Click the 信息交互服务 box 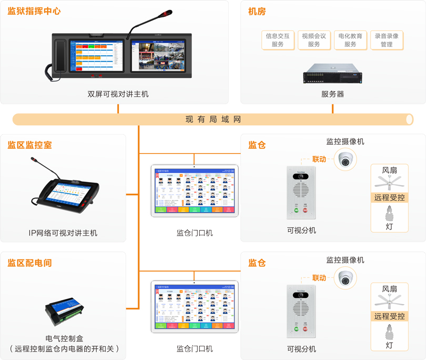click(278, 41)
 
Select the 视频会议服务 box click(314, 41)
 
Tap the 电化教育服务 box click(350, 41)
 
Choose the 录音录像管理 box click(387, 41)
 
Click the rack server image click(332, 74)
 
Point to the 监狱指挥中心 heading click(34, 11)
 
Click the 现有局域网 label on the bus click(213, 119)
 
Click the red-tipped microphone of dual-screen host click(168, 12)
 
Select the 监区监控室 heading click(29, 145)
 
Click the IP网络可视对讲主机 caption click(63, 233)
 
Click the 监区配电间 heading click(29, 262)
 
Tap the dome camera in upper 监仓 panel click(345, 158)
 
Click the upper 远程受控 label click(389, 198)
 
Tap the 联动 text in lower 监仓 click(319, 277)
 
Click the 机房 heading click(257, 11)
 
